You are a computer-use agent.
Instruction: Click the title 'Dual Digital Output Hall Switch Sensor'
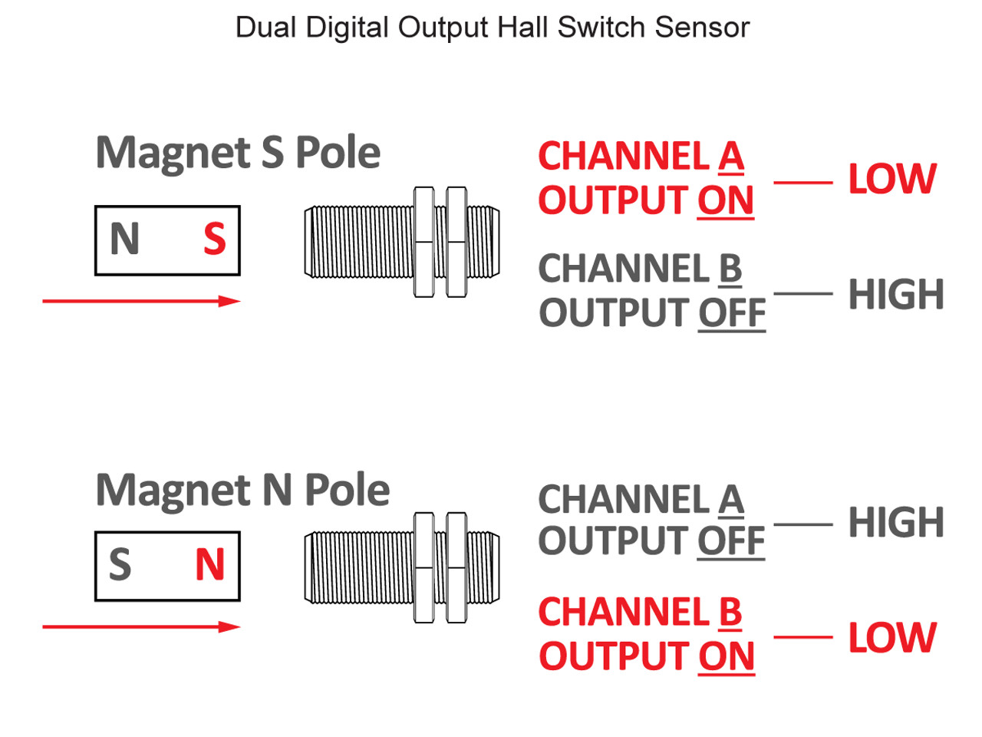(492, 28)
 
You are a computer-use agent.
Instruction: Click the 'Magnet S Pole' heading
(238, 153)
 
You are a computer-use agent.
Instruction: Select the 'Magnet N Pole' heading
(242, 490)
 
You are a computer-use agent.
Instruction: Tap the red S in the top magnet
(215, 239)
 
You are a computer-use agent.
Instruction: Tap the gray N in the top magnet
(124, 239)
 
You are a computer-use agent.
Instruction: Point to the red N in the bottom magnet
(209, 565)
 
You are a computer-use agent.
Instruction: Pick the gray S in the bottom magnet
(120, 565)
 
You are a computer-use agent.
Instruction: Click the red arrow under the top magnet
(141, 301)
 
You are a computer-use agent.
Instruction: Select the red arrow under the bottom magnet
(141, 627)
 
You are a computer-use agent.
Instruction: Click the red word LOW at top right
(891, 180)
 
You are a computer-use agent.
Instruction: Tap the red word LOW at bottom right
(891, 638)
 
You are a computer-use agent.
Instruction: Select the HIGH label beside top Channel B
(895, 295)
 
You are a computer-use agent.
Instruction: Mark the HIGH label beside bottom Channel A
(895, 523)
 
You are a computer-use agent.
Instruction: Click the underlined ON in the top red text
(725, 201)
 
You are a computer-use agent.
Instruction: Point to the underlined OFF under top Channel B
(731, 314)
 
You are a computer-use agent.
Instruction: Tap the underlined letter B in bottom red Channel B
(730, 613)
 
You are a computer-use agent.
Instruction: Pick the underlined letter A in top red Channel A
(731, 157)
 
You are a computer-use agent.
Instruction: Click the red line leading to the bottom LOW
(802, 637)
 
